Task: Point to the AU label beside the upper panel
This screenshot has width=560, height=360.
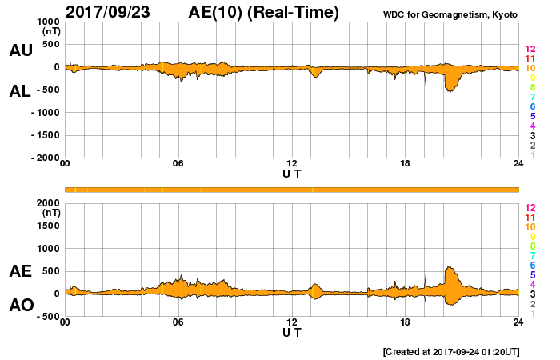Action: point(21,50)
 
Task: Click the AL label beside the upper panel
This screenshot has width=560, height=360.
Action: point(21,91)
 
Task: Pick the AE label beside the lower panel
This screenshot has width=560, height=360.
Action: point(21,271)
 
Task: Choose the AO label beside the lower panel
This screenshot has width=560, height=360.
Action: point(21,306)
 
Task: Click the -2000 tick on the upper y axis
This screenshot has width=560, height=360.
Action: point(45,158)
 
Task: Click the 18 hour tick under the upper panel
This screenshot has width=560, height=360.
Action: point(405,164)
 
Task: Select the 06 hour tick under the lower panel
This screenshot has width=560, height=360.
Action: point(178,322)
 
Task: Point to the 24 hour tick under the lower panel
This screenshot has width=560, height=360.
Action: point(518,322)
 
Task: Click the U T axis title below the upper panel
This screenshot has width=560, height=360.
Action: point(292,174)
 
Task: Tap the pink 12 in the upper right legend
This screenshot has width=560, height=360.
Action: point(530,50)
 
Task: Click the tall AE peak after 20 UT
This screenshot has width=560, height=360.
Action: point(451,268)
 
